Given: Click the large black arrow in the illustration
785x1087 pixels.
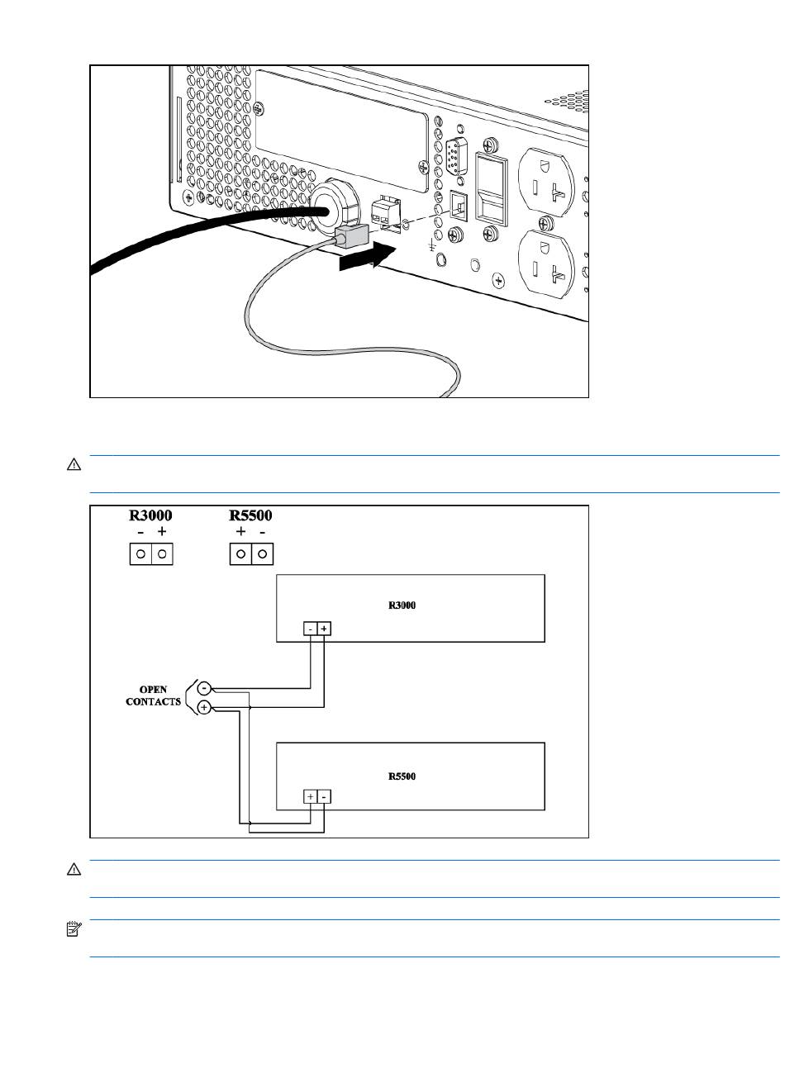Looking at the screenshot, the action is coord(368,257).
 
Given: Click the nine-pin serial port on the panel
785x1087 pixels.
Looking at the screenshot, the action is coord(456,156).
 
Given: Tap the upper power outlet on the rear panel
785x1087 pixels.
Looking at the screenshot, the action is coord(546,183).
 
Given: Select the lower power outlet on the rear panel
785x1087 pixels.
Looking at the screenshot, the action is coord(546,263).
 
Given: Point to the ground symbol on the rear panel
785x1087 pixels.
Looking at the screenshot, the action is coord(431,246).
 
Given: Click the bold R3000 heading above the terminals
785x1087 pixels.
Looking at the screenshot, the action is coord(150,515).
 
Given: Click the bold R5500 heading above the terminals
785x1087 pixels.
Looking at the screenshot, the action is coord(250,515).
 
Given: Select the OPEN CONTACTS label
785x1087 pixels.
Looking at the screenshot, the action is coord(153,695).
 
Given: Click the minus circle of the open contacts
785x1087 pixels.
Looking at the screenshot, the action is coord(204,688).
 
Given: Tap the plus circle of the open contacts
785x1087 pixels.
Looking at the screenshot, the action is coord(204,708).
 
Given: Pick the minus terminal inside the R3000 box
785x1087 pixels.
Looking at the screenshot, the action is coord(311,629).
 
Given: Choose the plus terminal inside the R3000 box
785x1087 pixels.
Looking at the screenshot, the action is coord(324,629).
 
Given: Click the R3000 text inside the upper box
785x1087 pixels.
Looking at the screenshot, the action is coord(402,605).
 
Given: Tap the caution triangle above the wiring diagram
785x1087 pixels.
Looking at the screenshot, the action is coord(74,464).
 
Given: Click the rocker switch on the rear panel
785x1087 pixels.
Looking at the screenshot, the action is coord(492,189).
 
